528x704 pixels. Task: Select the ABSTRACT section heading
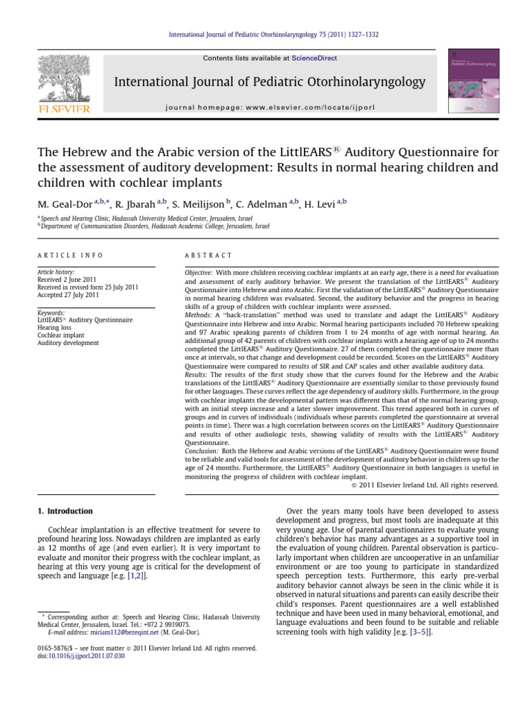pos(206,255)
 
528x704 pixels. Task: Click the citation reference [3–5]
pos(420,631)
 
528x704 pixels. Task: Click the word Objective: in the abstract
pos(199,273)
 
